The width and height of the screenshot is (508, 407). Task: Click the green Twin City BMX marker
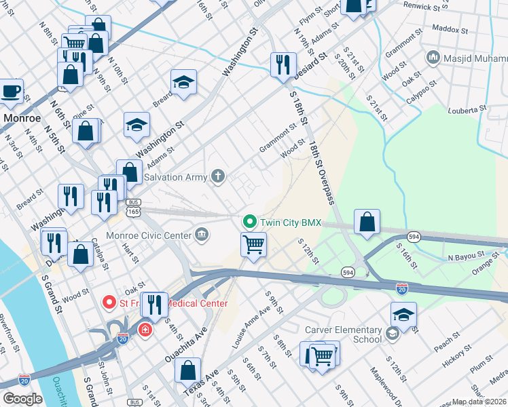tap(249, 222)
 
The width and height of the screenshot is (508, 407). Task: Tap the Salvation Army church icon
tap(218, 177)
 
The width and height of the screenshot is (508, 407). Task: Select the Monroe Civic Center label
tap(161, 235)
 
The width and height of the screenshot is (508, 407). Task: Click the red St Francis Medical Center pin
tap(108, 302)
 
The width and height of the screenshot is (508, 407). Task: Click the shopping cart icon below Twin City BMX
tap(253, 244)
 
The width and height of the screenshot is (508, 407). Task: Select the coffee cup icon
tap(11, 91)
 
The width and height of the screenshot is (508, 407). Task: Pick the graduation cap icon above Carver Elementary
tap(403, 315)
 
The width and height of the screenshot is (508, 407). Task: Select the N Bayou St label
tap(469, 258)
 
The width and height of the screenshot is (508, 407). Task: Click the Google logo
tap(22, 398)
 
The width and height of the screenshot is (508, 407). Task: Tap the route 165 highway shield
tap(134, 212)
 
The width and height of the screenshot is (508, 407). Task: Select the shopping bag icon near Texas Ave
tap(187, 371)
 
